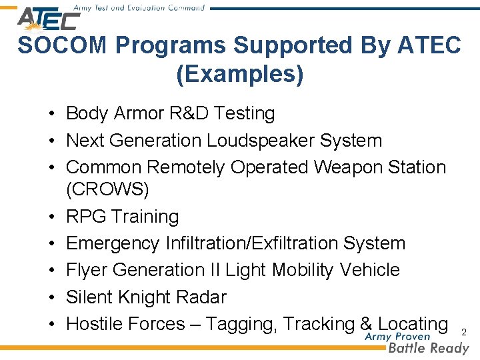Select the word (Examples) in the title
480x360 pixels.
[x=239, y=74]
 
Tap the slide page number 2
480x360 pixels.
[x=465, y=331]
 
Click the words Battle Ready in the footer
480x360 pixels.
[x=429, y=347]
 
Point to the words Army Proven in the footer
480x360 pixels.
[x=398, y=336]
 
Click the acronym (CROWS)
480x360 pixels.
[x=108, y=189]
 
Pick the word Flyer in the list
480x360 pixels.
[x=87, y=270]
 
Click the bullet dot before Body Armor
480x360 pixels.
[x=51, y=114]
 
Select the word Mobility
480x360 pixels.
[x=300, y=270]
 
